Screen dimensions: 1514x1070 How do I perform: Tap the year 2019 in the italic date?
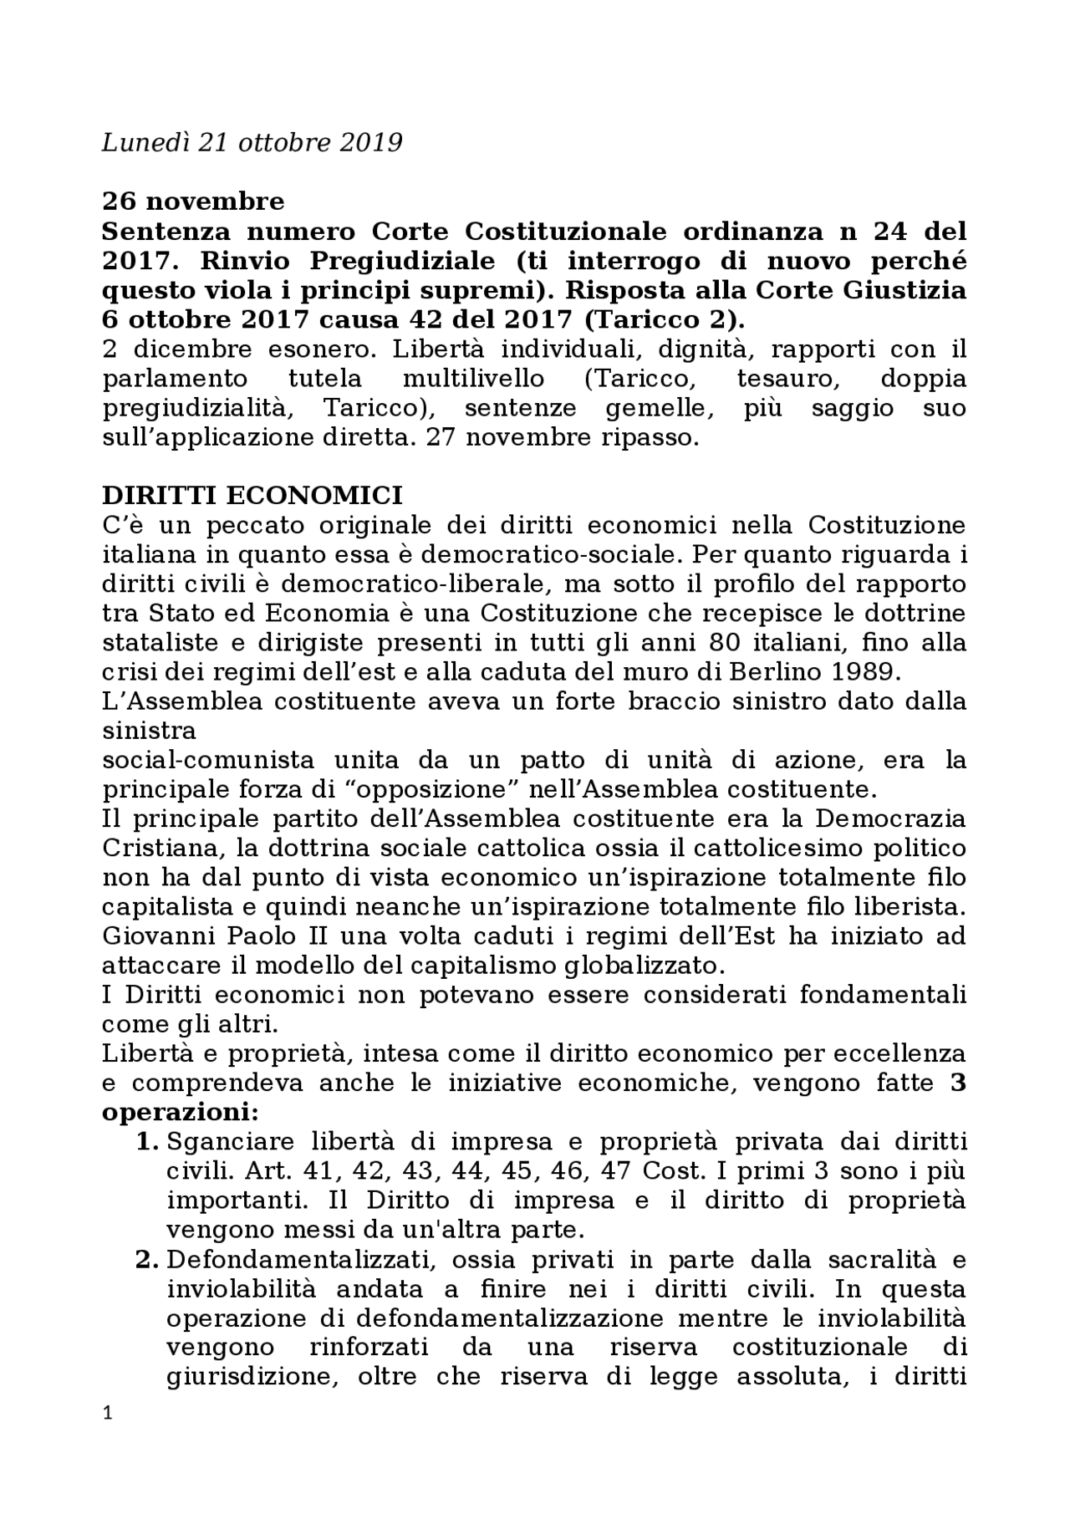pyautogui.click(x=371, y=143)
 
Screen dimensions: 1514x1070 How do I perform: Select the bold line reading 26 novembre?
pyautogui.click(x=193, y=201)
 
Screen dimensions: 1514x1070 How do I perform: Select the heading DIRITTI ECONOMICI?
pyautogui.click(x=252, y=496)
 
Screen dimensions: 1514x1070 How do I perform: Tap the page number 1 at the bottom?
pyautogui.click(x=106, y=1436)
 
